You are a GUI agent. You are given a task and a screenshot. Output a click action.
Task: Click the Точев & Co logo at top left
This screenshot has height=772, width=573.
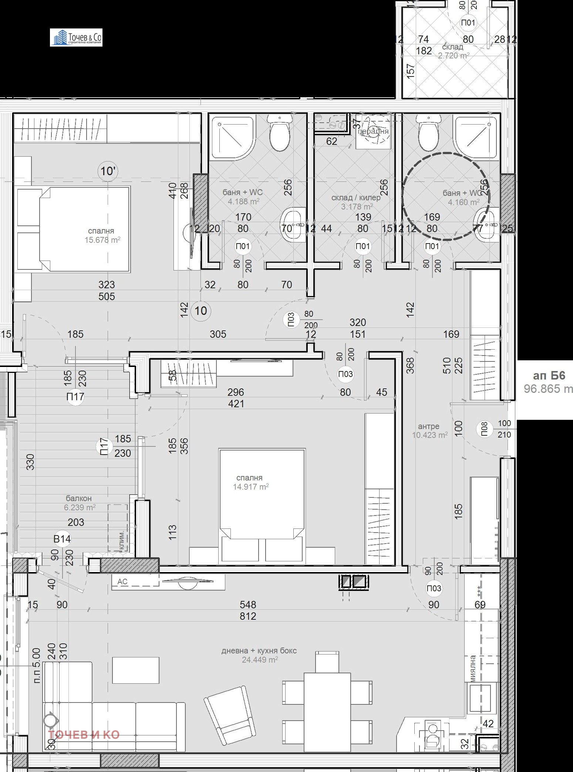click(76, 38)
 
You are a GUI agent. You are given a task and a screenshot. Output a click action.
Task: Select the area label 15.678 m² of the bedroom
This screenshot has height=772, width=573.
click(102, 240)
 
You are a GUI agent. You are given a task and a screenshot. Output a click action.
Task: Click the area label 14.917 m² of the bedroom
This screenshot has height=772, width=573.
click(250, 487)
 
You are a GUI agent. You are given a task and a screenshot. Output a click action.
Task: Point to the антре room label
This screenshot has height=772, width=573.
click(428, 426)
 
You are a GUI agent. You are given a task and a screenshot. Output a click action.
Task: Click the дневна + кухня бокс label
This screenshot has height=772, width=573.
click(259, 650)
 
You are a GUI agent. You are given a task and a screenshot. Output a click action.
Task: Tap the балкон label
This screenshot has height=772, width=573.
click(78, 498)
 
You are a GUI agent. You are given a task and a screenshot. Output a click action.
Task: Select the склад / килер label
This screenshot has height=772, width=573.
click(356, 198)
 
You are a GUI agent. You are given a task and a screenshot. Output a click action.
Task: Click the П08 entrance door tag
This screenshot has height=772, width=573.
click(484, 429)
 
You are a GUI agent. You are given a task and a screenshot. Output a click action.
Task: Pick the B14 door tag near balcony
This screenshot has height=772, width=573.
click(62, 539)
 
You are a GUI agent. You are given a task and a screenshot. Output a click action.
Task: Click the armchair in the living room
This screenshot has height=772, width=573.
click(230, 715)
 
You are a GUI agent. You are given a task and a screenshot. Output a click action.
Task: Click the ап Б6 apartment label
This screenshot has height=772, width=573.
click(549, 375)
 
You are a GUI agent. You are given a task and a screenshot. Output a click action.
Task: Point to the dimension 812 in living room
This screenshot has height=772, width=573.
click(247, 616)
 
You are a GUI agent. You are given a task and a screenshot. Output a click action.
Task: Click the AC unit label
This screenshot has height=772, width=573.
click(122, 581)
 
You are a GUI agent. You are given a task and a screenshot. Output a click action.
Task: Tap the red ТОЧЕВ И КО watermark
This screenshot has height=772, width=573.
click(84, 734)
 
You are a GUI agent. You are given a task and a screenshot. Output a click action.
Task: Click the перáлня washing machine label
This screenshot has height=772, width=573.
click(373, 131)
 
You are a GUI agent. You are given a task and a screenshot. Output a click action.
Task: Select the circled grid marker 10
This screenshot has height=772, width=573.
click(201, 310)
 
